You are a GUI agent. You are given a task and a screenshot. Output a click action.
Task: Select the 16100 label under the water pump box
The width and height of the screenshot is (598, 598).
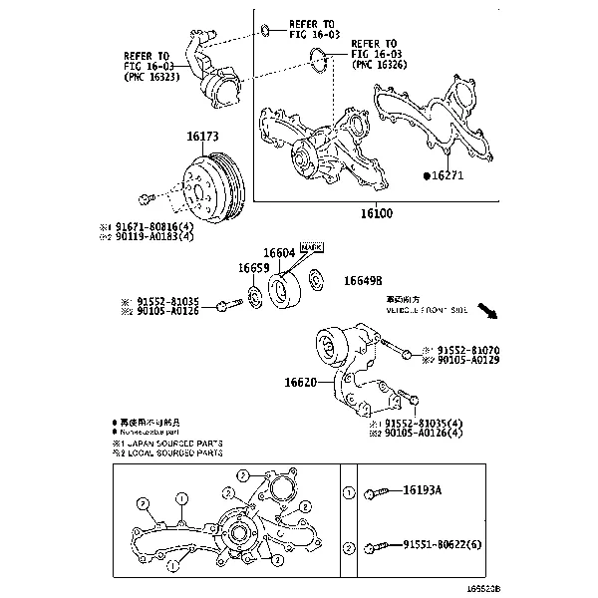[x=376, y=213]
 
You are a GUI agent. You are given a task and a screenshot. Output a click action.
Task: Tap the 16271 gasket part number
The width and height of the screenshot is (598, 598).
[x=448, y=175]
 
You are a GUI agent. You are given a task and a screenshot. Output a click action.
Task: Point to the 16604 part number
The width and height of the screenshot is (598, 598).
[x=279, y=254]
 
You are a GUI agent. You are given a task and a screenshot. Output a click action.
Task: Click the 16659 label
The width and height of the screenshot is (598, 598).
[x=253, y=268]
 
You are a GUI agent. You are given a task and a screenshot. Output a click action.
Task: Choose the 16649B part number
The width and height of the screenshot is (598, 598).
[x=363, y=282]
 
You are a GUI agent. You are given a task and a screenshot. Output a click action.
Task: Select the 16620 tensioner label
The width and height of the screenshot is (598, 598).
[x=300, y=382]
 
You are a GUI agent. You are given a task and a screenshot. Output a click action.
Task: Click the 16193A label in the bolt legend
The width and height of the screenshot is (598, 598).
[x=423, y=491]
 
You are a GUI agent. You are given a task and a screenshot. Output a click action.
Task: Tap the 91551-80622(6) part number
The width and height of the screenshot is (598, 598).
[x=450, y=547]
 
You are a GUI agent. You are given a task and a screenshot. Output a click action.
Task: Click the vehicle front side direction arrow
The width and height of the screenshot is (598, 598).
[x=487, y=314]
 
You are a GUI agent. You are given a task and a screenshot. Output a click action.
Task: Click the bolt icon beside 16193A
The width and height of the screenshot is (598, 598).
[x=382, y=492]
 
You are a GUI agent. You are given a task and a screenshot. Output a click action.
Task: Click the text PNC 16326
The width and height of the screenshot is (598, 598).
[x=380, y=64]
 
